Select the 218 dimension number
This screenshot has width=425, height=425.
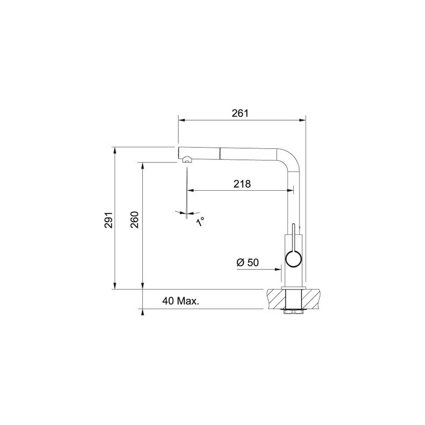click(242, 184)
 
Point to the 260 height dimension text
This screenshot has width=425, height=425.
click(134, 218)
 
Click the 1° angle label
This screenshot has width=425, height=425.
click(200, 222)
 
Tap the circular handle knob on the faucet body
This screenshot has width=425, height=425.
click(293, 259)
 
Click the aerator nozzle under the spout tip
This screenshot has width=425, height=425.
click(186, 158)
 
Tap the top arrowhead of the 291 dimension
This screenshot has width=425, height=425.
click(115, 150)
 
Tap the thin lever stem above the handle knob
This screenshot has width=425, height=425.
click(292, 236)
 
